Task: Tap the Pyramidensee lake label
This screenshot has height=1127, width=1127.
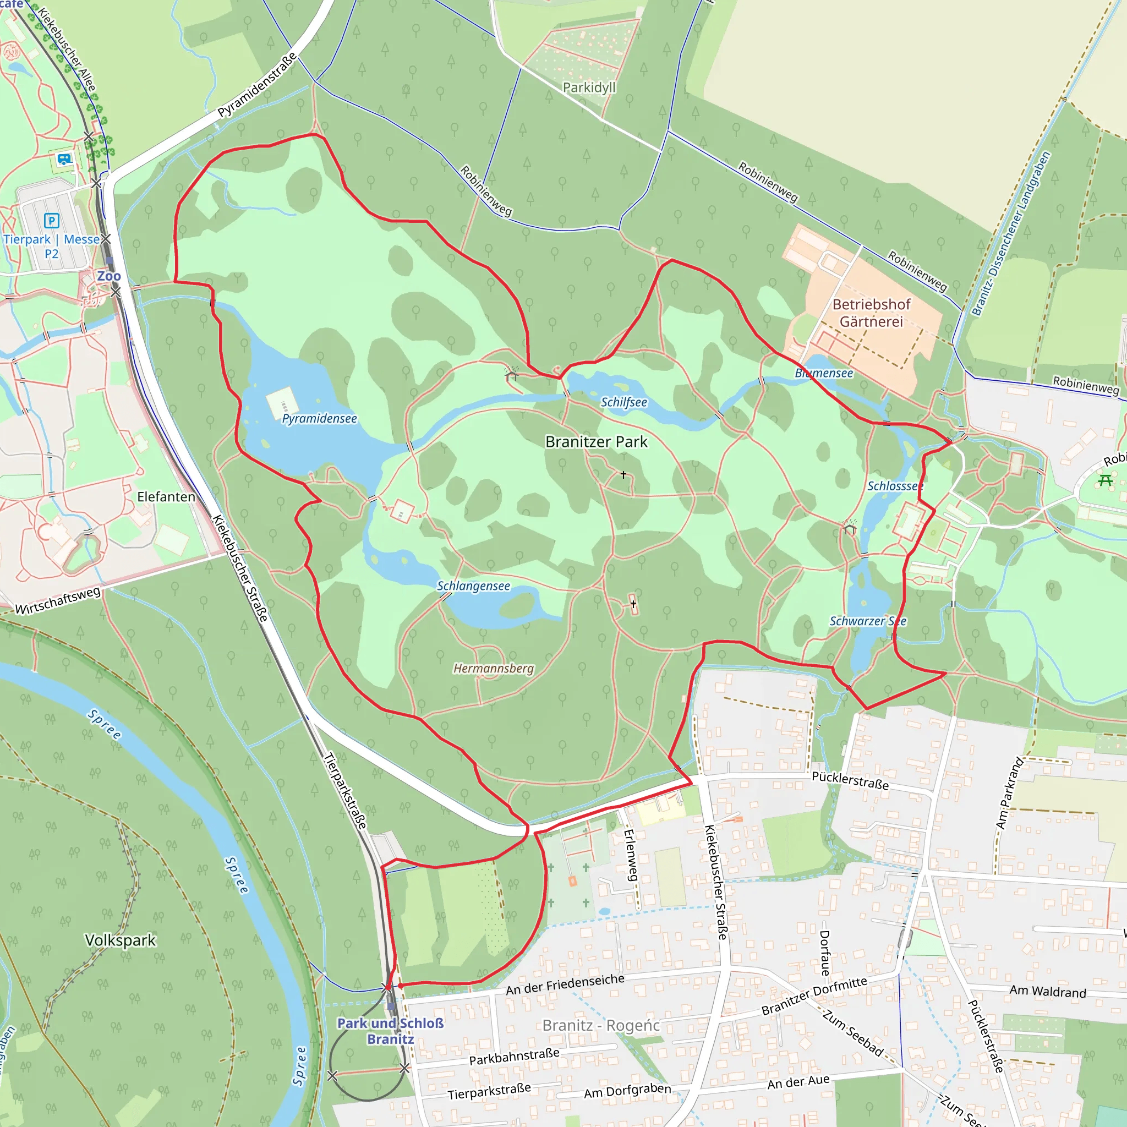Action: click(319, 418)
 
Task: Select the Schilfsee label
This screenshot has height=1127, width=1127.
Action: click(623, 402)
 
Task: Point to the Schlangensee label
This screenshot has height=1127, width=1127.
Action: click(473, 586)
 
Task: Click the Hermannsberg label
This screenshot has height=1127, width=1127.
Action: click(494, 668)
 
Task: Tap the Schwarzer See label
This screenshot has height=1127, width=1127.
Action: click(867, 621)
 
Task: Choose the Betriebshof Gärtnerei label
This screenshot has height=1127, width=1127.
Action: click(871, 313)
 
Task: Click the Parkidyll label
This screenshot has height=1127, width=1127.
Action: click(589, 87)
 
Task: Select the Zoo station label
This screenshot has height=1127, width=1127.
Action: click(108, 276)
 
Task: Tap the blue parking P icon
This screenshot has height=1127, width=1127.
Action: click(51, 221)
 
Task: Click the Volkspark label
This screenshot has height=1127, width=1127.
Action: click(121, 940)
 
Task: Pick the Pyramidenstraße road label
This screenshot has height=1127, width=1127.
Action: click(256, 85)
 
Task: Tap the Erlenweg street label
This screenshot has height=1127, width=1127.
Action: click(631, 855)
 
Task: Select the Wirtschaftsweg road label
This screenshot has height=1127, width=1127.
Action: click(58, 601)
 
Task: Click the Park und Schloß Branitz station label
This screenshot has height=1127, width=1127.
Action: click(390, 1031)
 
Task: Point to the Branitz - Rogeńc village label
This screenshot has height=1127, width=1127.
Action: click(601, 1025)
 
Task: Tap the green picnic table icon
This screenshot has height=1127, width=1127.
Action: click(1105, 480)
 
